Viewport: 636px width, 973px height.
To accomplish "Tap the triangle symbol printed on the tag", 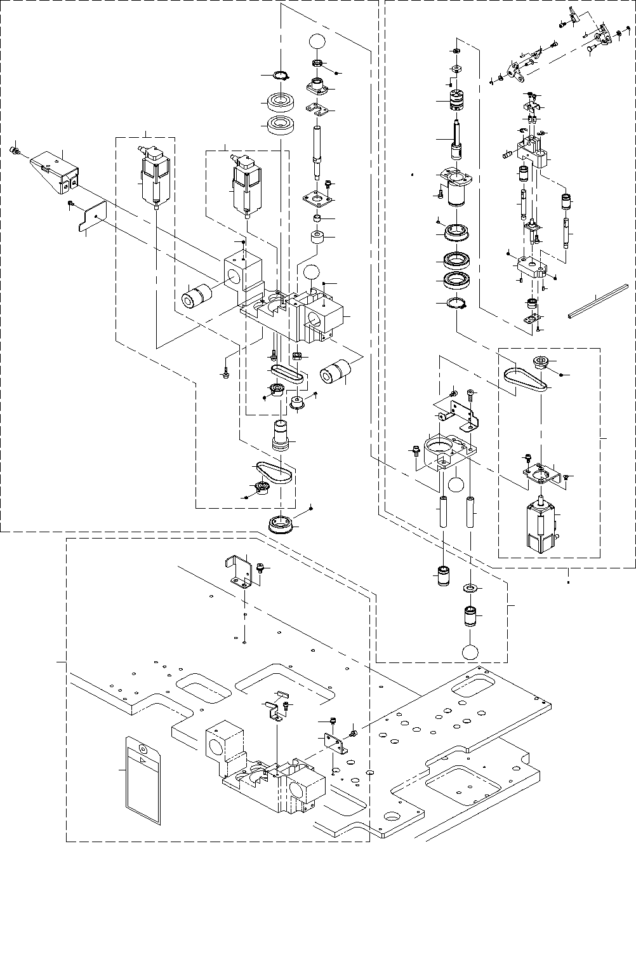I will point(143,760).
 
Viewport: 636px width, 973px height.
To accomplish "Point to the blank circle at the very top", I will point(317,40).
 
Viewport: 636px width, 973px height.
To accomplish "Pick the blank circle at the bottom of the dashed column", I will point(470,652).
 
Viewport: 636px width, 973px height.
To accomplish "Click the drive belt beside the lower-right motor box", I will point(524,379).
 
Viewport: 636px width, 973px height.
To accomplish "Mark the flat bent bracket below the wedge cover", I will point(91,217).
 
